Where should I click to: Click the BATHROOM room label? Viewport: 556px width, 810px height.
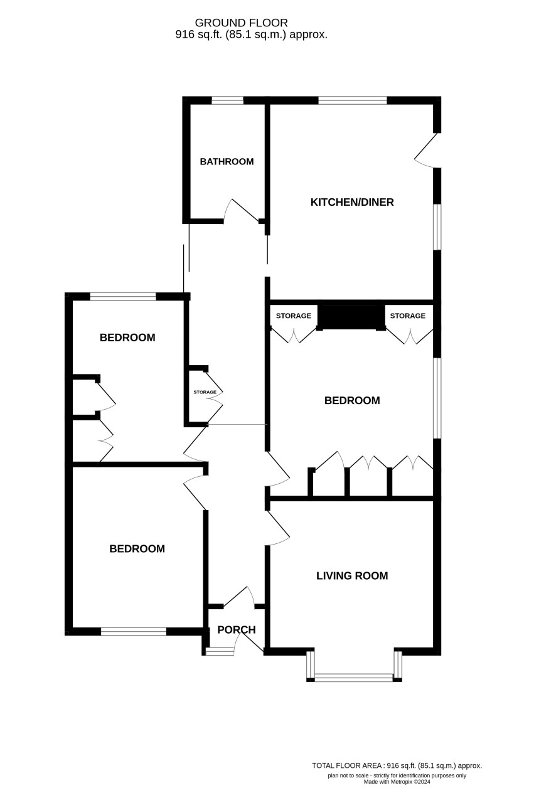[x=227, y=162]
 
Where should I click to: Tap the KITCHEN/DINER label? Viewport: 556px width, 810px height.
[x=352, y=202]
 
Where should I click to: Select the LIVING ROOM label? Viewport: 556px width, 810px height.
[x=352, y=576]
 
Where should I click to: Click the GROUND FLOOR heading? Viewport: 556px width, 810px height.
[x=241, y=23]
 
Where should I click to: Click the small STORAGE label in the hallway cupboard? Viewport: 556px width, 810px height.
[x=205, y=392]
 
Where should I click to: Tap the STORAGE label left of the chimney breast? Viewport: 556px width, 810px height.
[x=293, y=316]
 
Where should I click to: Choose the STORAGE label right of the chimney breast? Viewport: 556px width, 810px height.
[x=408, y=316]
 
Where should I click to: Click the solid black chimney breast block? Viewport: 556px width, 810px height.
[x=351, y=317]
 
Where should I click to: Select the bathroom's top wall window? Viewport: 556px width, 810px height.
[x=228, y=100]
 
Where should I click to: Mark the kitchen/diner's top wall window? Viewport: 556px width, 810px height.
[x=352, y=100]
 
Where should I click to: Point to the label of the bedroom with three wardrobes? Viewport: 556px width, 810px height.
[x=352, y=400]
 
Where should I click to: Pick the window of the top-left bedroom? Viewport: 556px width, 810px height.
[x=123, y=297]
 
